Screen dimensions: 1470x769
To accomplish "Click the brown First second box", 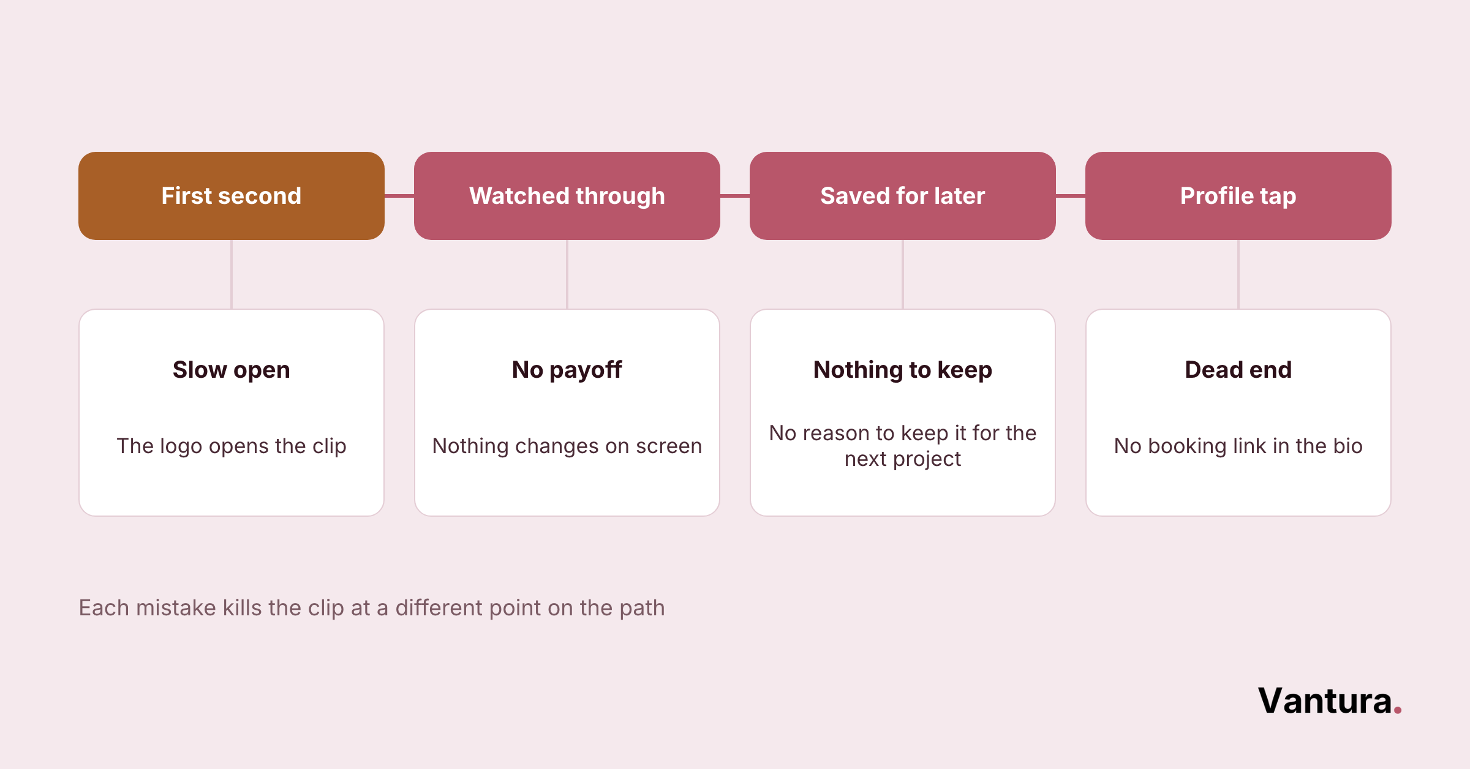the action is click(x=232, y=196).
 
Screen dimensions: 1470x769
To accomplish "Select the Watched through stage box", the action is click(x=567, y=196).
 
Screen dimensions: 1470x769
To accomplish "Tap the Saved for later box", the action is click(x=903, y=196).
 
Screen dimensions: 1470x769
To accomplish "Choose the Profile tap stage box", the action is click(x=1238, y=196).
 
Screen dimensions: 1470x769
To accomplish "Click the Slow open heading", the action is click(x=232, y=370).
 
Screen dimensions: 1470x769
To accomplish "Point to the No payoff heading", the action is click(x=567, y=370).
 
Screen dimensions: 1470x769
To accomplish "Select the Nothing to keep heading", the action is click(x=903, y=370).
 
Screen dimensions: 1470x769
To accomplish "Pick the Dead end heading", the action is click(x=1238, y=370).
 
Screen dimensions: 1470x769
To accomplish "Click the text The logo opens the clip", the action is click(x=232, y=446).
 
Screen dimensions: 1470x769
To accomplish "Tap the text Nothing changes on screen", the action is click(x=567, y=446).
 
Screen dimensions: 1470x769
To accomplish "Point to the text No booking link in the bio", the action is click(x=1238, y=446).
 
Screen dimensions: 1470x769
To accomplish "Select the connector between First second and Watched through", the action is click(x=399, y=196).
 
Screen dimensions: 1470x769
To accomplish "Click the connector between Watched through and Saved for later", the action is click(x=735, y=196).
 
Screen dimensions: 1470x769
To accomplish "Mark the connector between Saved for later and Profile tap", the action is click(x=1071, y=196).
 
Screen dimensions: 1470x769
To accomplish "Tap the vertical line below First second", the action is click(x=232, y=274).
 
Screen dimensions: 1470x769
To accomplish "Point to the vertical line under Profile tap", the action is click(x=1238, y=274).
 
